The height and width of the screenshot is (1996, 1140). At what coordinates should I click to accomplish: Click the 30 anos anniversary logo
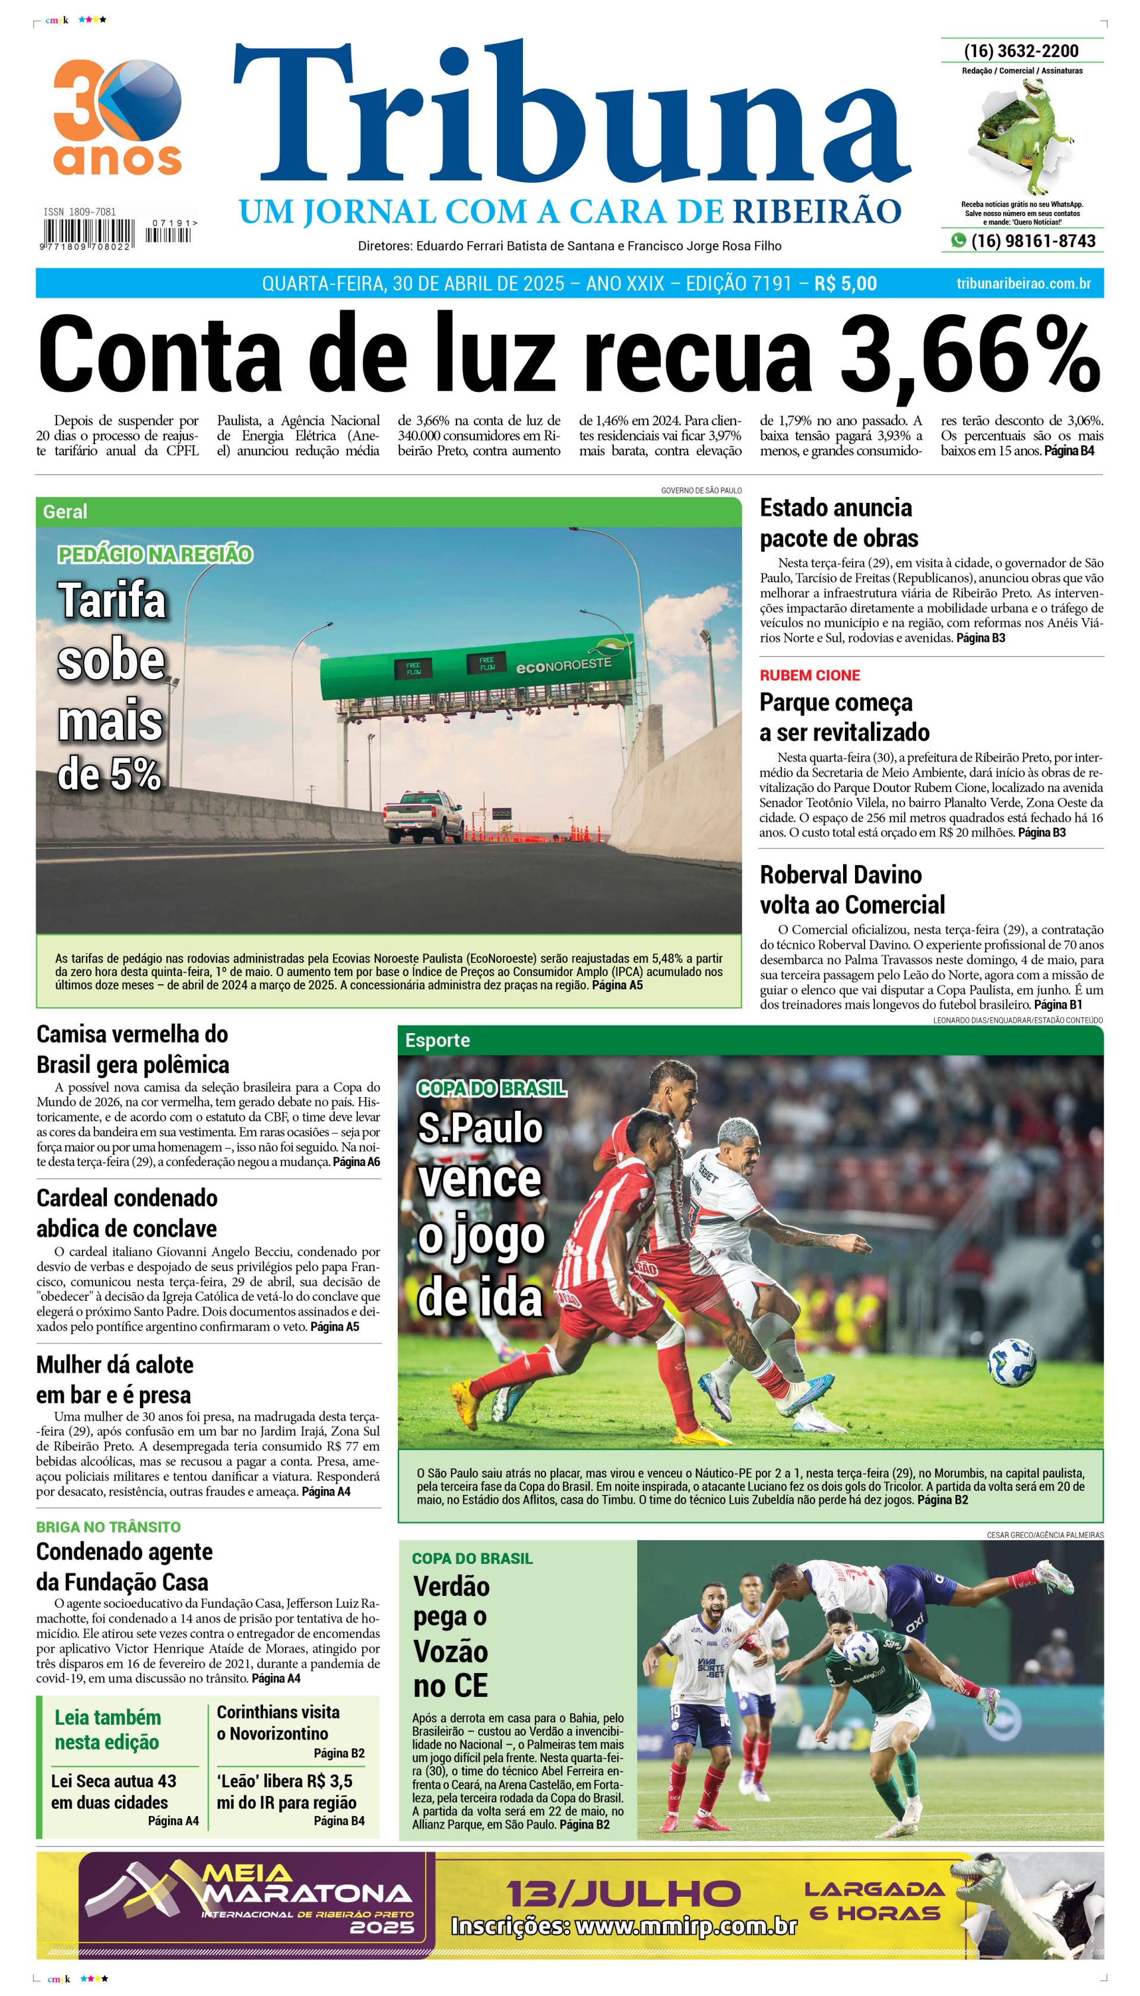[118, 118]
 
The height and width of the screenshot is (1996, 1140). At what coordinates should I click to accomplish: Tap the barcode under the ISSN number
[88, 233]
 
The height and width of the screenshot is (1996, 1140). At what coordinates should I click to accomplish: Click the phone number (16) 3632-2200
[1021, 51]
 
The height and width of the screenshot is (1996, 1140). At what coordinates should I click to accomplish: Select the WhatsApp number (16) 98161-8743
[1033, 241]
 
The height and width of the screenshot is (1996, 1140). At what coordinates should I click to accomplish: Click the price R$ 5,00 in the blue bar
[845, 283]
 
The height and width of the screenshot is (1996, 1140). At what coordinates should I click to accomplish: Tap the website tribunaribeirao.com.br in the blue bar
[1024, 283]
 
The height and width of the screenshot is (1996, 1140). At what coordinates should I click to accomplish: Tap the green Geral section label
[66, 512]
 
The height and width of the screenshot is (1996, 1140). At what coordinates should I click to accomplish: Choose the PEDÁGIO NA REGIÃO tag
[155, 555]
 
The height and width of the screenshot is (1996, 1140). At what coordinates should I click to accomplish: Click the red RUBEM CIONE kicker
[810, 676]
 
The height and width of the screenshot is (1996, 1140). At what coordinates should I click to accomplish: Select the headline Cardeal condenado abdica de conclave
[127, 1212]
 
